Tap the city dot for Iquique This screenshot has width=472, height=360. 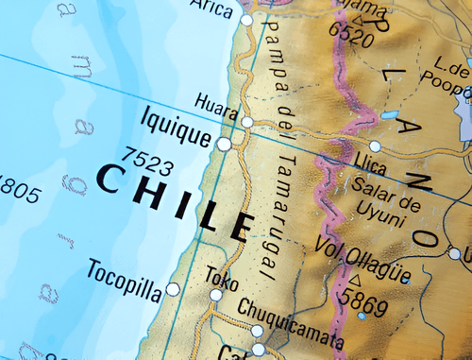pyautogui.click(x=224, y=144)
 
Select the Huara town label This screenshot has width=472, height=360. pyautogui.click(x=216, y=102)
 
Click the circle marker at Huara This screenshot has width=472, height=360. pyautogui.click(x=247, y=122)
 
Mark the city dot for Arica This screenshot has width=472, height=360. pyautogui.click(x=247, y=19)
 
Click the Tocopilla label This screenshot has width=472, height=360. pyautogui.click(x=125, y=271)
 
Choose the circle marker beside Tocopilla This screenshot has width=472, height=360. pyautogui.click(x=173, y=288)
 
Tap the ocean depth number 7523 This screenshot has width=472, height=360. pyautogui.click(x=148, y=161)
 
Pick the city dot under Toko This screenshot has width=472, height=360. pyautogui.click(x=216, y=296)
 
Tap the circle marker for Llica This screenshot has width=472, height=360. pyautogui.click(x=375, y=146)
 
